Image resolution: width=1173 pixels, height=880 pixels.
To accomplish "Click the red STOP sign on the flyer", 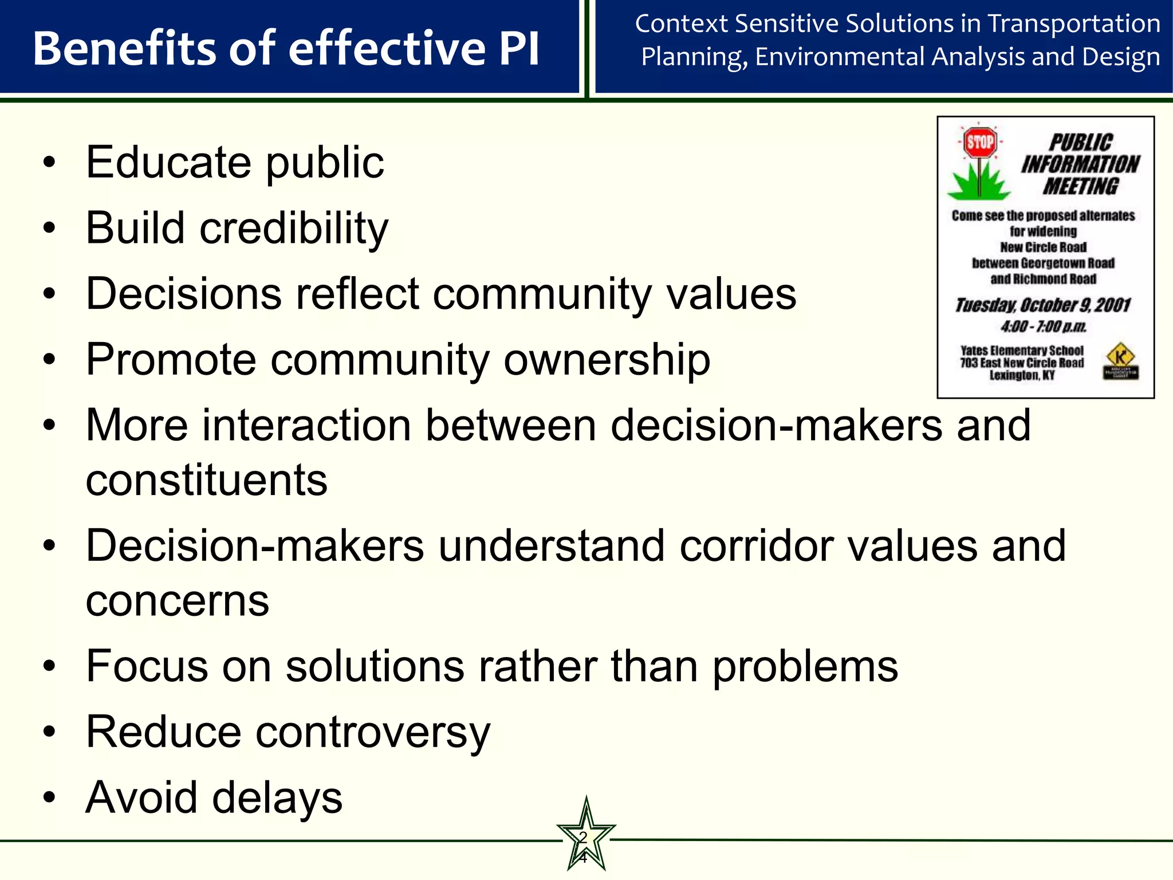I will tap(980, 142).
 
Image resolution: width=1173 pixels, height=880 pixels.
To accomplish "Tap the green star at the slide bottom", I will tap(585, 837).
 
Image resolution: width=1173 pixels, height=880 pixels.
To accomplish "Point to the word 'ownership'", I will tap(607, 360).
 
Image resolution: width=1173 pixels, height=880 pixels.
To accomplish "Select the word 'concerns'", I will tap(177, 601).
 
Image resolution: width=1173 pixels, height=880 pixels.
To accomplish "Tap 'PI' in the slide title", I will tap(519, 49).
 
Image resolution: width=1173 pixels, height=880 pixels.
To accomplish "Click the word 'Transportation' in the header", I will tap(1074, 24).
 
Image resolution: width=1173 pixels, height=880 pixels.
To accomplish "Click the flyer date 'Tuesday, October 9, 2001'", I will tap(1042, 305).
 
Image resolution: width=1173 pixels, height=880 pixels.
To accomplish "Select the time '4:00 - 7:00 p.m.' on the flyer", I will tap(1043, 327).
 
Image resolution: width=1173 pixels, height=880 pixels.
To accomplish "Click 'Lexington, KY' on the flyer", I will tap(1022, 375).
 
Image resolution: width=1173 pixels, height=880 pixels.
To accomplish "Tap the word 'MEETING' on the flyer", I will tap(1080, 186).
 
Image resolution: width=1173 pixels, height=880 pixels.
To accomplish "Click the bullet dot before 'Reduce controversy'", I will tap(50, 732).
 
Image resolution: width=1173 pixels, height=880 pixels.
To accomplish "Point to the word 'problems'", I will tap(805, 667).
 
